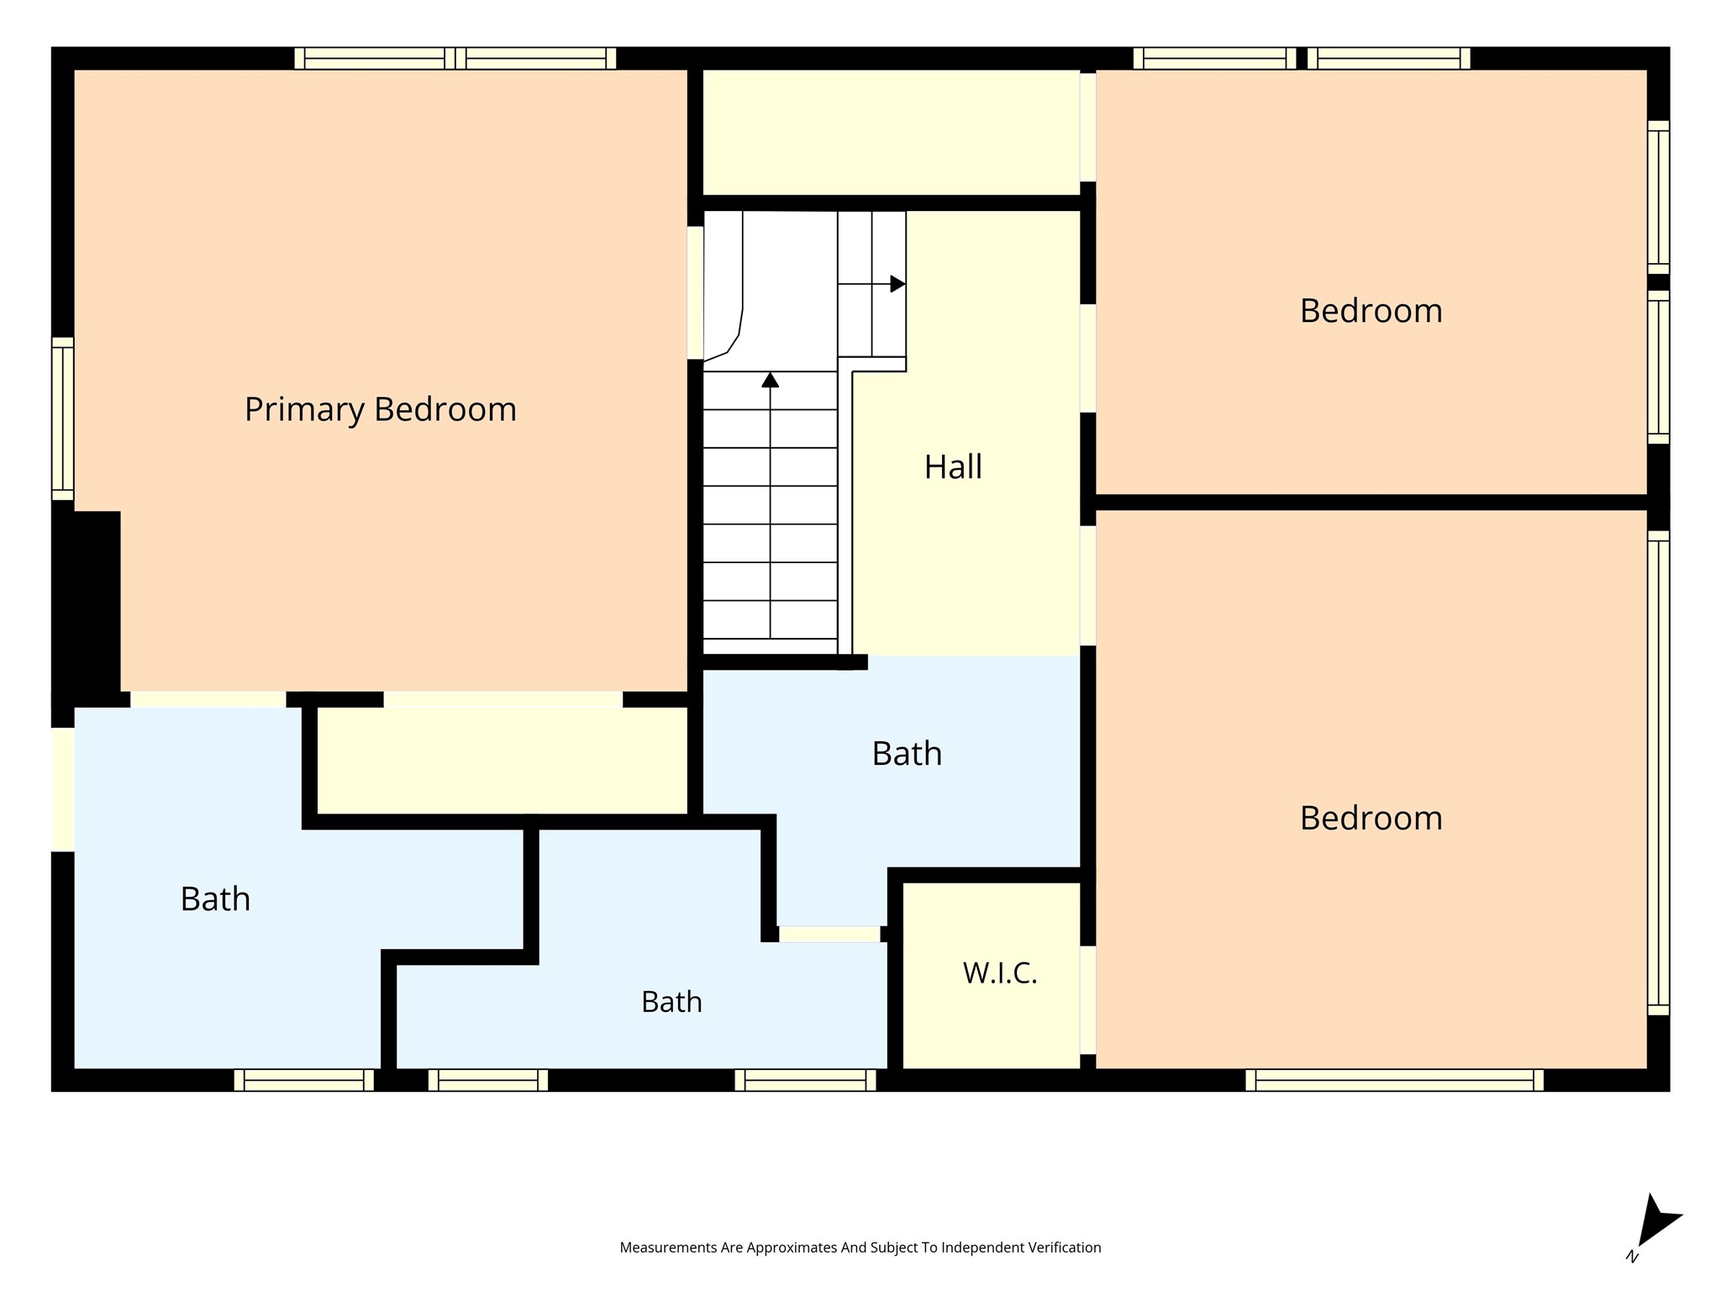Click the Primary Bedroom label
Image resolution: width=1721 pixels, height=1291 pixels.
click(380, 410)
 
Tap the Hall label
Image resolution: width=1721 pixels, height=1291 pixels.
click(953, 466)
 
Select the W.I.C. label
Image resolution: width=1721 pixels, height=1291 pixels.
click(1000, 973)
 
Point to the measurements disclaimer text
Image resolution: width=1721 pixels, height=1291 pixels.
click(860, 1247)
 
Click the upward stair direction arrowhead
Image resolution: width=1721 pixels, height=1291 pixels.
click(770, 380)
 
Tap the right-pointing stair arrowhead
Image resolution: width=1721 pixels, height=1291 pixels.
click(897, 284)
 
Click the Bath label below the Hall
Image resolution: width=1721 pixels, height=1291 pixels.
click(907, 754)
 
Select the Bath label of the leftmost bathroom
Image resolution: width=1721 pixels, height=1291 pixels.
click(215, 899)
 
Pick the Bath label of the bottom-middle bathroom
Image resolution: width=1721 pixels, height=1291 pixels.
click(671, 1002)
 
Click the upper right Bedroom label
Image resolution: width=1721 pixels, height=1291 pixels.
click(1371, 311)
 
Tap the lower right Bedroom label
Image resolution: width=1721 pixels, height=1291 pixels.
click(1371, 819)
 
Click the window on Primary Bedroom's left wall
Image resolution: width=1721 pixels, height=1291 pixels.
click(63, 419)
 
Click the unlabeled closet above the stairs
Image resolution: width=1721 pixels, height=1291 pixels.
click(891, 132)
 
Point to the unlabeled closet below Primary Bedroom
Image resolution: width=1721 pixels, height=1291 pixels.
click(503, 761)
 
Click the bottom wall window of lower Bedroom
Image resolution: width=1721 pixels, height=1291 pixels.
click(1394, 1080)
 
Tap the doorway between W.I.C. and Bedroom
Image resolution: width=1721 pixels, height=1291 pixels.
click(1088, 999)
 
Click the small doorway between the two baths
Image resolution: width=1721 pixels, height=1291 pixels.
click(829, 934)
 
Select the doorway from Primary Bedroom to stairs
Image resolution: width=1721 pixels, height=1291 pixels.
click(695, 292)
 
